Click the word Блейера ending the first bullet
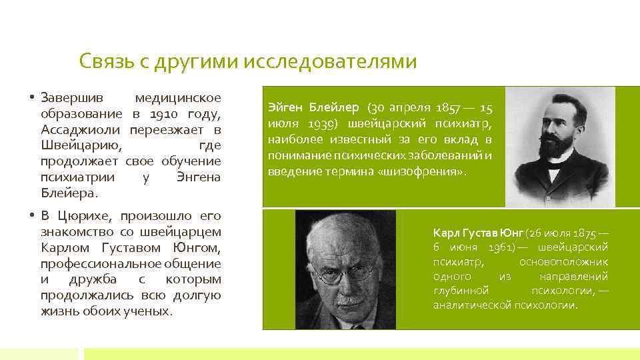[x=69, y=193]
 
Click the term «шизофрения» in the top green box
[x=432, y=171]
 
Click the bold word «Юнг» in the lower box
[x=512, y=233]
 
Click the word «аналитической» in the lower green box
[x=472, y=305]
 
